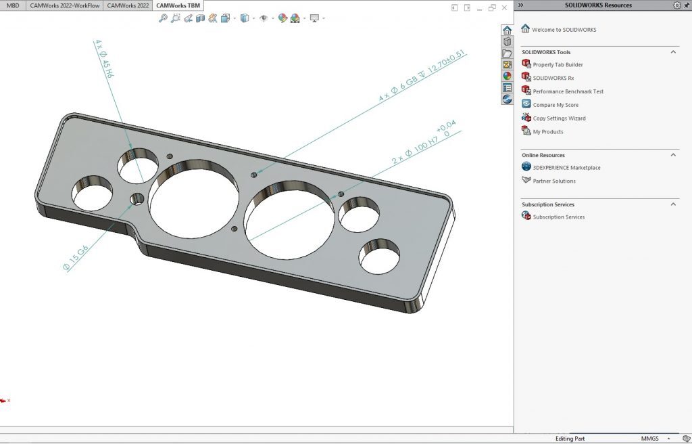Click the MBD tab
[13, 5]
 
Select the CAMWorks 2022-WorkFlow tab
[64, 5]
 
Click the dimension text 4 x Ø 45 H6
[105, 59]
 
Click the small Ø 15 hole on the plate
[137, 199]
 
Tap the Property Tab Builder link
[558, 65]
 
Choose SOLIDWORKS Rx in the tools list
[553, 78]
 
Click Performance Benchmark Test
[568, 91]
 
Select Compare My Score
[555, 105]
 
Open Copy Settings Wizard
[559, 118]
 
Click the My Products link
[547, 132]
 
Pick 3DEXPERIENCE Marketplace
[566, 168]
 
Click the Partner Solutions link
[554, 181]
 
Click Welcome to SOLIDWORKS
[564, 30]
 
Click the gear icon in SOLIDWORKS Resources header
[677, 5]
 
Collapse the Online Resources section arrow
[673, 155]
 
